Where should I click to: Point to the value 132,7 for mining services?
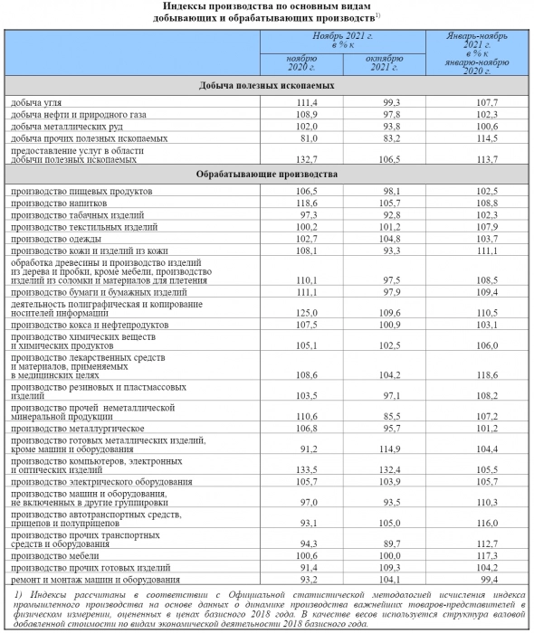click(310, 159)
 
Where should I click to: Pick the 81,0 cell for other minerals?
click(311, 138)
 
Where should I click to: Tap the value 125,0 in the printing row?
click(310, 310)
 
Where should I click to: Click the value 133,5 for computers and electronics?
click(310, 470)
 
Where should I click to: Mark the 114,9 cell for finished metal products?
click(391, 449)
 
